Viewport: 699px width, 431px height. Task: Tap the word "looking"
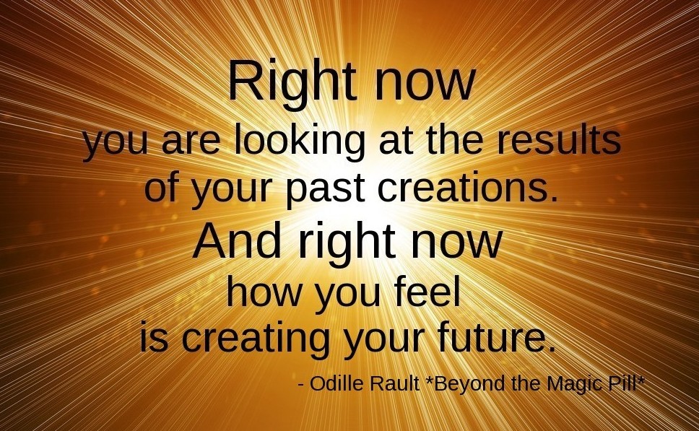click(x=299, y=140)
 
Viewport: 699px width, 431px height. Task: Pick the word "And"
click(x=237, y=240)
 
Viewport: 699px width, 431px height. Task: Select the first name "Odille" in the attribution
click(x=337, y=383)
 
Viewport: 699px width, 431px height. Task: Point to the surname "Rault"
click(x=395, y=383)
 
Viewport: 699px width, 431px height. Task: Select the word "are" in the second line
click(x=191, y=142)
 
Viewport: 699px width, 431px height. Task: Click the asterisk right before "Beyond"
click(x=430, y=379)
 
